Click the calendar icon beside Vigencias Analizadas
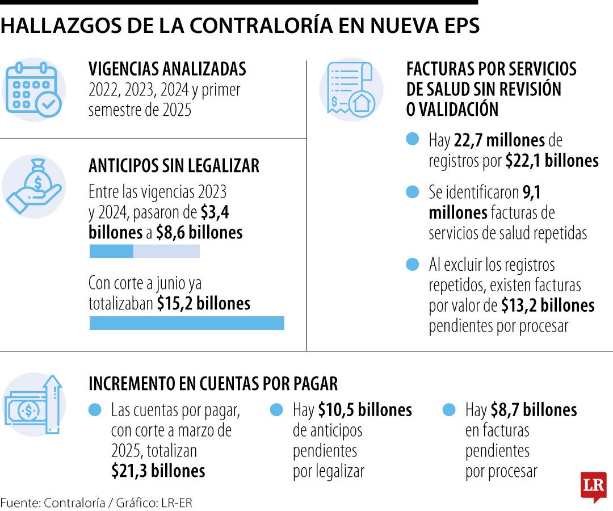[x=33, y=90]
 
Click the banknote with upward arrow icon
[x=33, y=404]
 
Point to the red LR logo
[x=593, y=487]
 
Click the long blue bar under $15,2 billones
[x=187, y=323]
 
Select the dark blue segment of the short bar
[x=111, y=251]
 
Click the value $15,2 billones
[x=203, y=303]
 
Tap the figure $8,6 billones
[x=199, y=233]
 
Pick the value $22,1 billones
[x=552, y=161]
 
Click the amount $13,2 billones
[x=548, y=305]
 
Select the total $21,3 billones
[x=158, y=471]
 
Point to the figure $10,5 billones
[x=364, y=409]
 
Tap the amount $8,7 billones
[x=532, y=409]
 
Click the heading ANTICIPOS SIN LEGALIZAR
[x=174, y=165]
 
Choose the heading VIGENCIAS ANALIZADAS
[x=167, y=69]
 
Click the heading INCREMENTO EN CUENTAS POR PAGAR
[x=213, y=384]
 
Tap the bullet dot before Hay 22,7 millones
[x=413, y=139]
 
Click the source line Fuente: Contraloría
[x=96, y=502]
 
